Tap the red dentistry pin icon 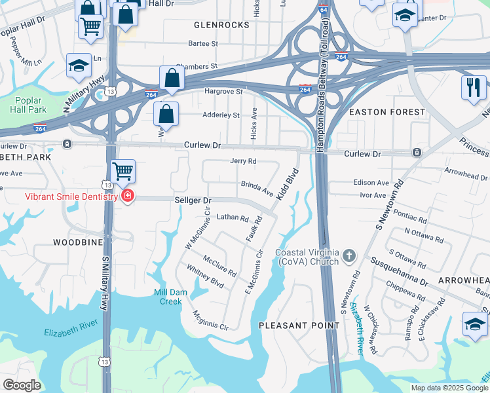pyautogui.click(x=126, y=196)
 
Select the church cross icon pyautogui.click(x=349, y=255)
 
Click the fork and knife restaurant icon pyautogui.click(x=473, y=86)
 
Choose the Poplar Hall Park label pyautogui.click(x=28, y=105)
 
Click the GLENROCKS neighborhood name pyautogui.click(x=221, y=25)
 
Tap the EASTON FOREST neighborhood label pyautogui.click(x=386, y=112)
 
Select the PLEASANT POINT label pyautogui.click(x=292, y=325)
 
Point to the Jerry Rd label pyautogui.click(x=243, y=161)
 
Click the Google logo pyautogui.click(x=22, y=385)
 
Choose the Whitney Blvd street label pyautogui.click(x=205, y=277)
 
